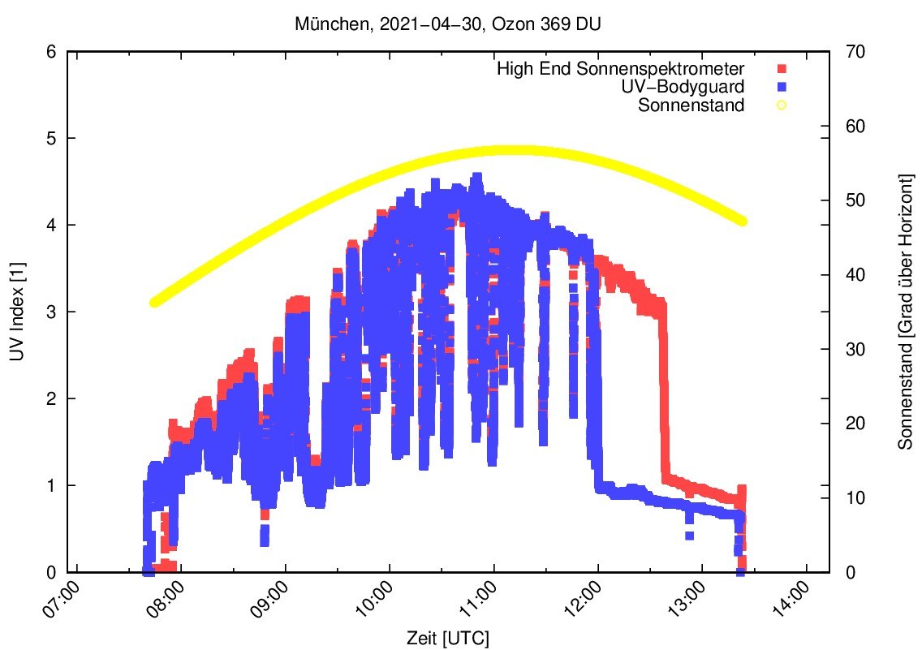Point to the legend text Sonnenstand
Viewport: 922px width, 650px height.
691,104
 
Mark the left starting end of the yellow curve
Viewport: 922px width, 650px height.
155,303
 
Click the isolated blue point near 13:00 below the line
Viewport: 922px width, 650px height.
689,535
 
